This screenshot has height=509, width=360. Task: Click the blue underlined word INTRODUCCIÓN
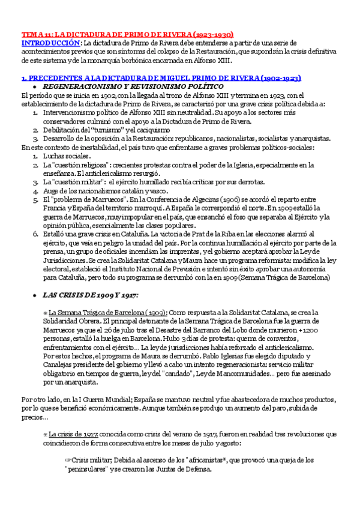coord(50,43)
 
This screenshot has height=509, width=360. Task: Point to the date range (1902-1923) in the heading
coord(276,78)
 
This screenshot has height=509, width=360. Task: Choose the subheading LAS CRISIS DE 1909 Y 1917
coord(90,295)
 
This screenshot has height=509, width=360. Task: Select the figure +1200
coord(305,330)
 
